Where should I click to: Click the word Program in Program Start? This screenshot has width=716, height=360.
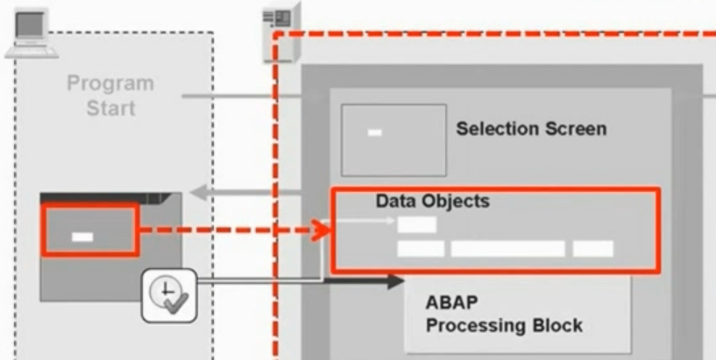point(110,85)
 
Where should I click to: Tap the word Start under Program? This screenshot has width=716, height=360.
point(110,109)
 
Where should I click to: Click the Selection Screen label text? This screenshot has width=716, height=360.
point(530,129)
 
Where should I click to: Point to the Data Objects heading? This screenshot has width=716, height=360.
point(432,201)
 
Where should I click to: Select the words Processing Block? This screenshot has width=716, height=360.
point(504,326)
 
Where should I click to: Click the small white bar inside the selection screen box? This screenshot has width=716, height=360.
point(374,133)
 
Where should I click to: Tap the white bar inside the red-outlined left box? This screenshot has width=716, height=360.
point(82,236)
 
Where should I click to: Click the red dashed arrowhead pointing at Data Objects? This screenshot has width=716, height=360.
point(322,231)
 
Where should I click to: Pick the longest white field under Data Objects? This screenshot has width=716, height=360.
point(507,249)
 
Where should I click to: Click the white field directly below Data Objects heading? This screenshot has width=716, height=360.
point(416,224)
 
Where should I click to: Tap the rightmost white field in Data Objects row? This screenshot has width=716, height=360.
point(593,249)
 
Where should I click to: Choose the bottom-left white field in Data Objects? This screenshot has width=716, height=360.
point(421,249)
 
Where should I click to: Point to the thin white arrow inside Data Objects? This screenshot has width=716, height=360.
point(368,221)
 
